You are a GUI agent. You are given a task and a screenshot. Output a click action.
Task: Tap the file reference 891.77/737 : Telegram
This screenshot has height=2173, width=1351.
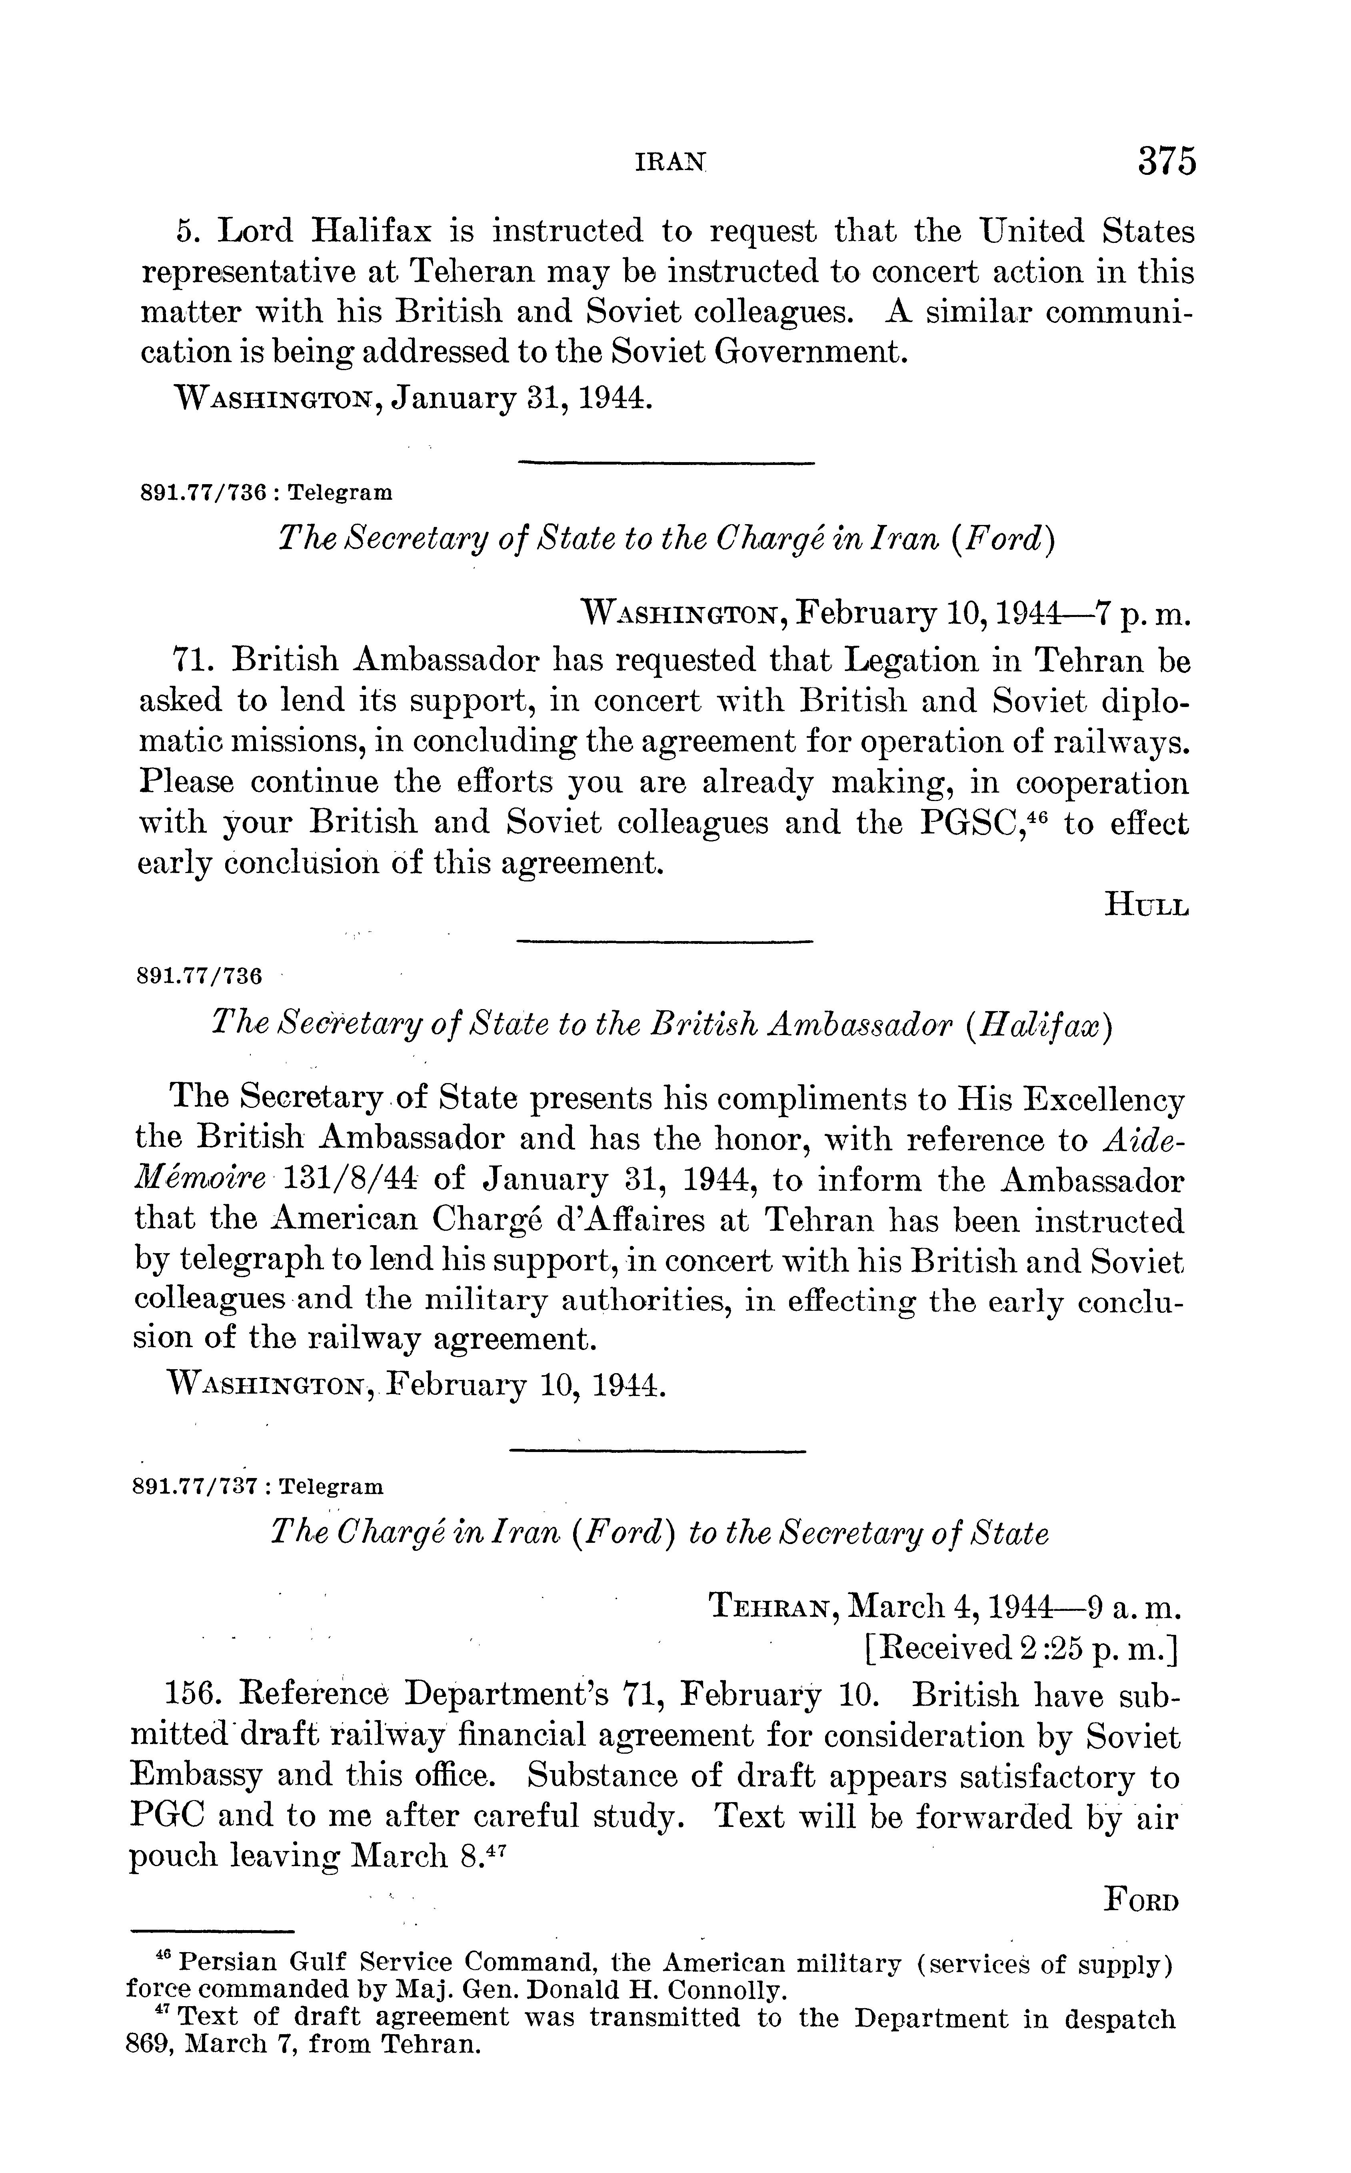(x=257, y=1486)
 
